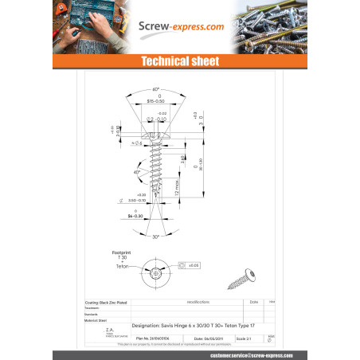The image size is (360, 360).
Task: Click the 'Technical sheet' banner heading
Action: point(179,61)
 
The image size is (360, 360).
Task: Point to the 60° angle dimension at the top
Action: point(156,90)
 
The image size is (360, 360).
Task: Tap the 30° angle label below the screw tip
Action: point(156,237)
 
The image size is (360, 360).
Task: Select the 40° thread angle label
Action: point(136,172)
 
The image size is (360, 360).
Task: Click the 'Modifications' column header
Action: point(198,303)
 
